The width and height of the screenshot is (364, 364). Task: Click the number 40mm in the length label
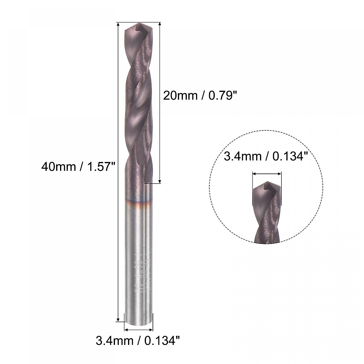coord(58,167)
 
